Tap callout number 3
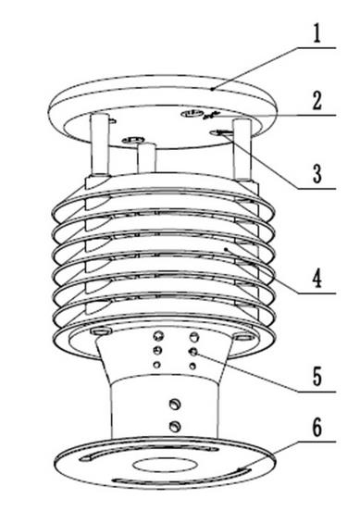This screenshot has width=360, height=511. (x=317, y=173)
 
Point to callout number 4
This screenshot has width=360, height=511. (x=317, y=277)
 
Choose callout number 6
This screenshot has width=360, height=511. (x=317, y=430)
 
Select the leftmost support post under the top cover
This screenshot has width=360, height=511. (x=98, y=143)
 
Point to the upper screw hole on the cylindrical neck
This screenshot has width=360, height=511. (x=174, y=404)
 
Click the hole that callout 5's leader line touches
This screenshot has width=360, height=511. (x=194, y=353)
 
